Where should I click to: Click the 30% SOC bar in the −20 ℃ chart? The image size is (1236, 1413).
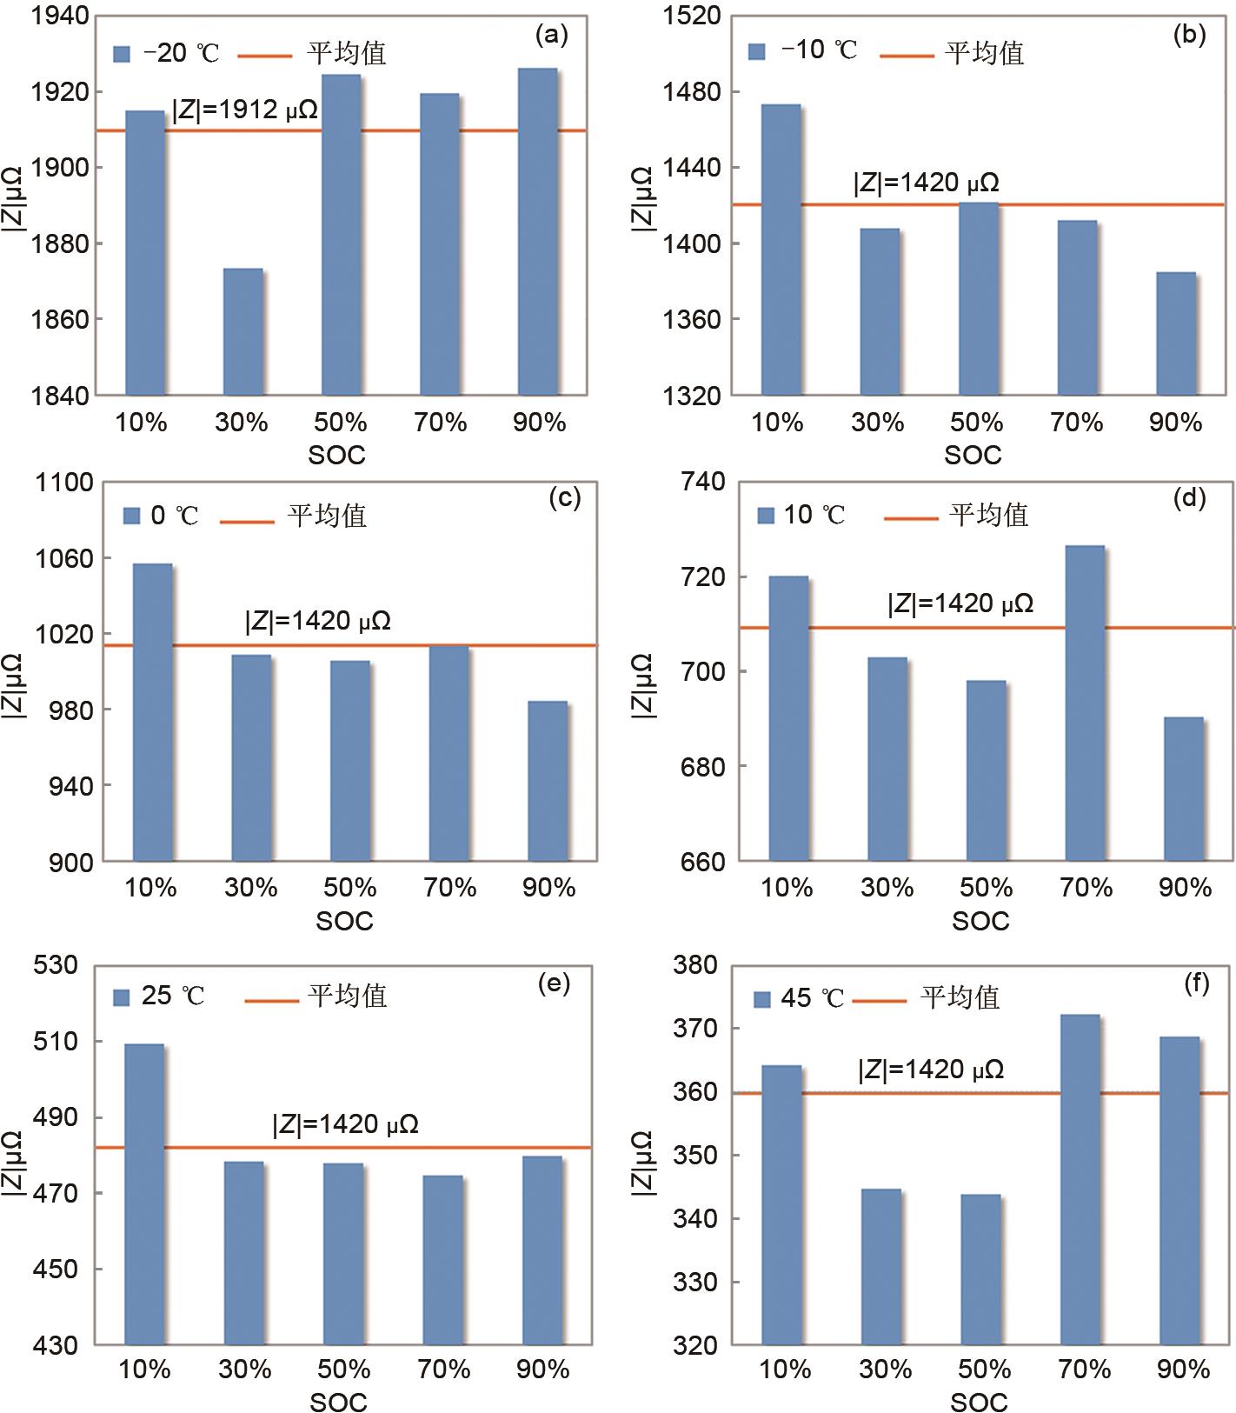point(243,331)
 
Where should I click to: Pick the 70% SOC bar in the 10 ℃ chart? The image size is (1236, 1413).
point(1085,703)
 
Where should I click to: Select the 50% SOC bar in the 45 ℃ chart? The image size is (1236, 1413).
point(980,1270)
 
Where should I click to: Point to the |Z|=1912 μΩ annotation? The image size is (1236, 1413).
point(244,110)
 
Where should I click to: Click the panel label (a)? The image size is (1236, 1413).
point(552,35)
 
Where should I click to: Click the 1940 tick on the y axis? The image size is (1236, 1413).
point(60,16)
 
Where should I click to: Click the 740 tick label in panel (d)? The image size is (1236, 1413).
point(701,483)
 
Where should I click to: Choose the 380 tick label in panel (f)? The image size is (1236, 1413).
point(695,965)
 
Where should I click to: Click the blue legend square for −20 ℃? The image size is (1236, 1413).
point(122,54)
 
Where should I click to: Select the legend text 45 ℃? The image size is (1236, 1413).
point(812,998)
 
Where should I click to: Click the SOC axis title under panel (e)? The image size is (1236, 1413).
point(339,1402)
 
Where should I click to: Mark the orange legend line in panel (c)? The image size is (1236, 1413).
point(247,521)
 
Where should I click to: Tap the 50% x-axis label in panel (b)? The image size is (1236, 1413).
point(977,423)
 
